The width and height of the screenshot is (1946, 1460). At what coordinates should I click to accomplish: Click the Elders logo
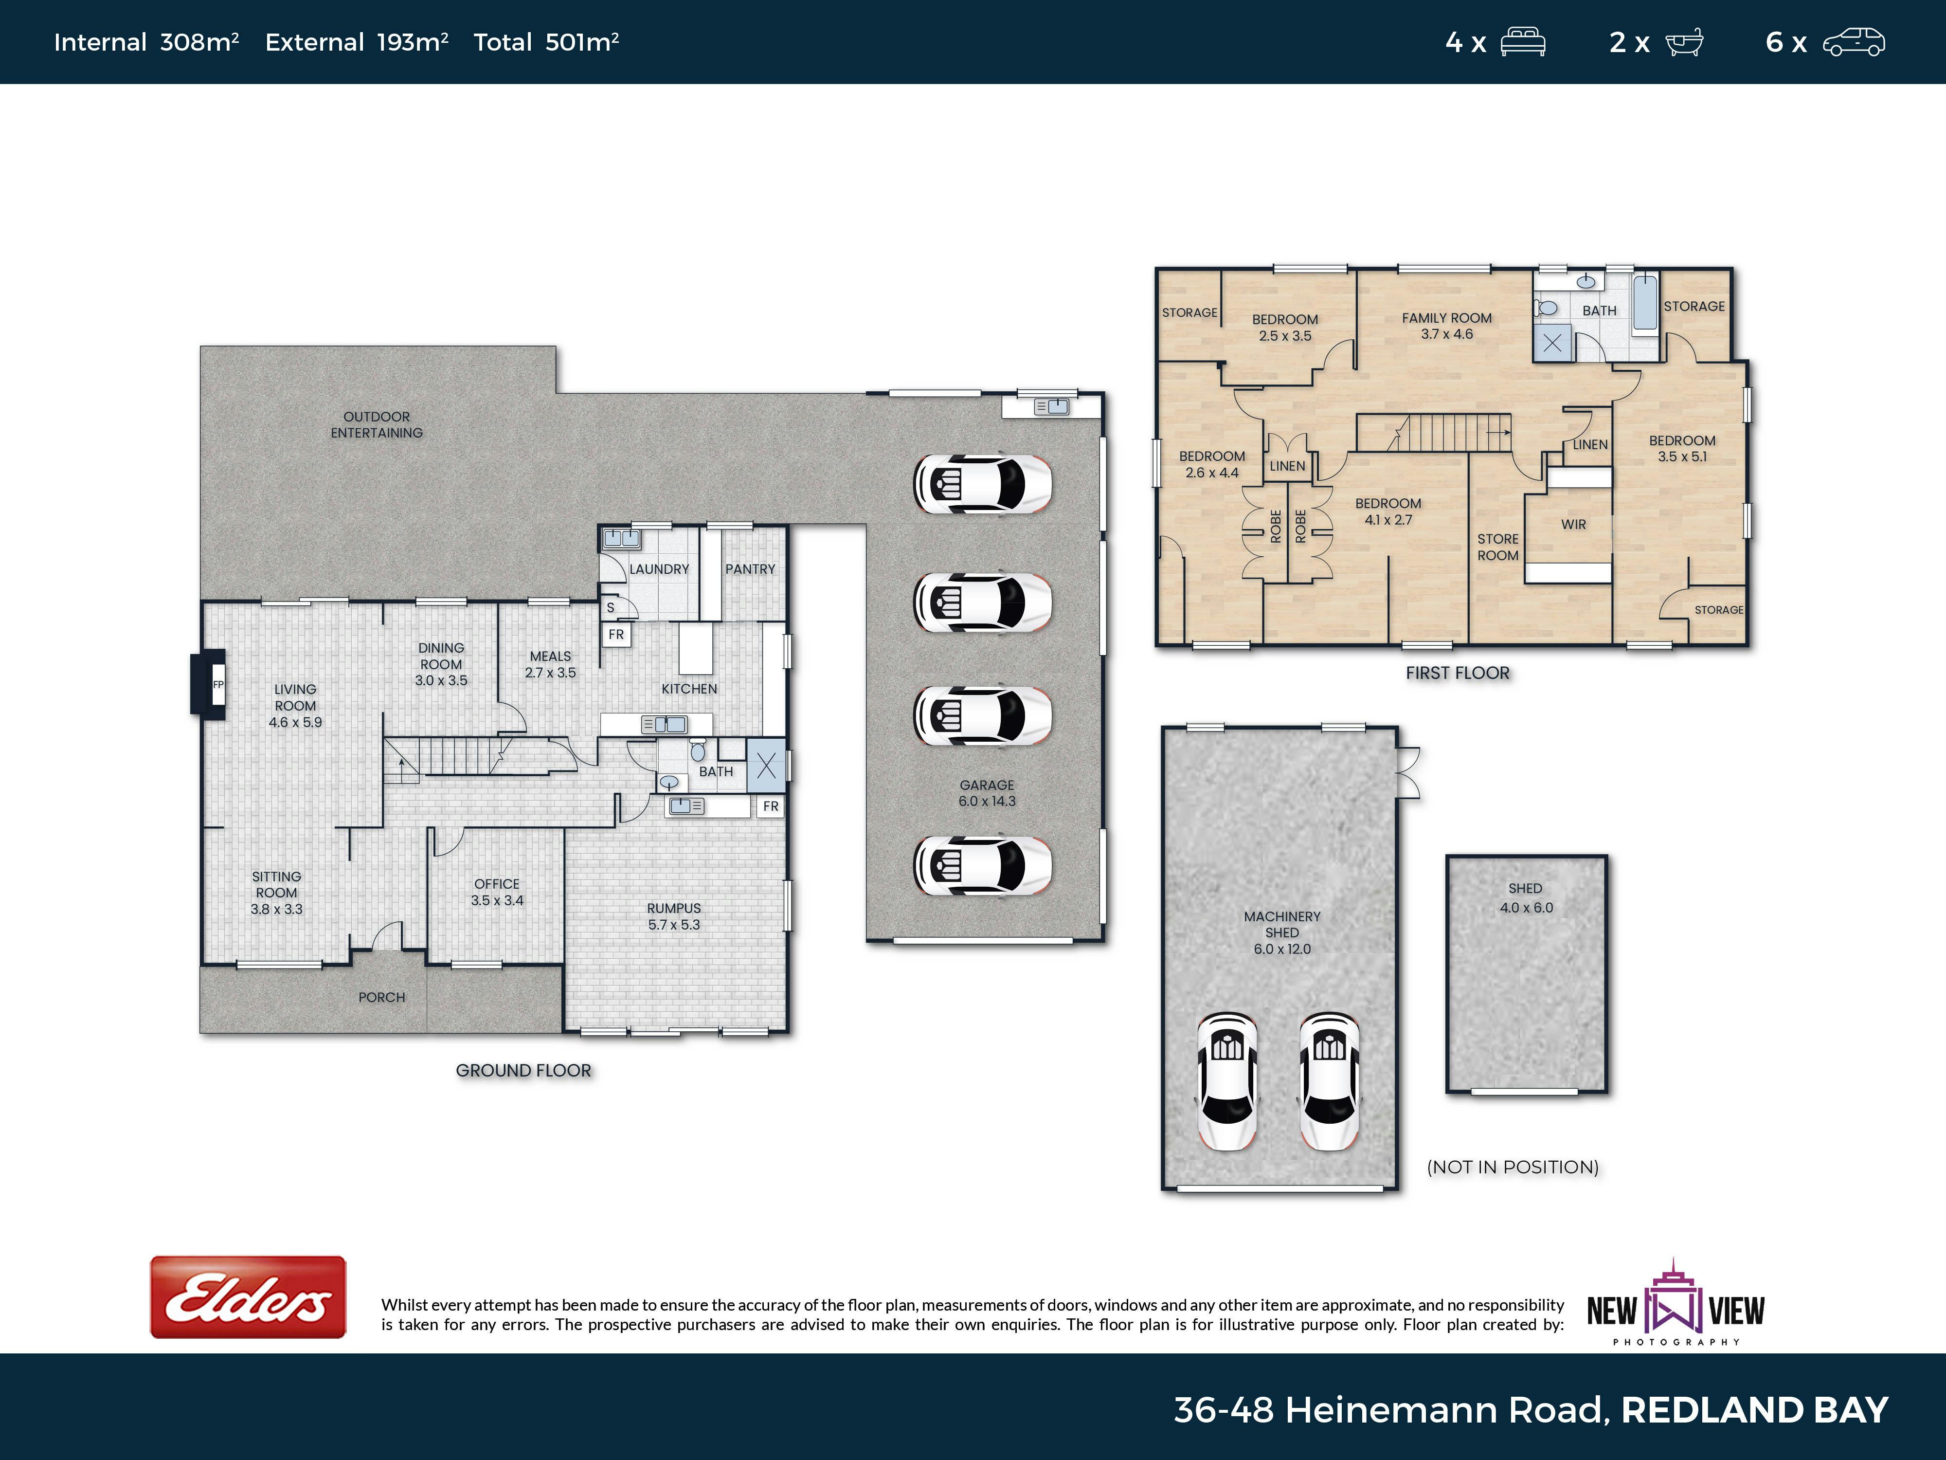pos(248,1297)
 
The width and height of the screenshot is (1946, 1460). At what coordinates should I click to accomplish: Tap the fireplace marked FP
pos(209,684)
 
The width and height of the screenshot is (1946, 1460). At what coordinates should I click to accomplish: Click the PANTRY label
pos(750,569)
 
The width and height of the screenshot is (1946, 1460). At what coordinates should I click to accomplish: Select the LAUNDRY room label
pos(659,569)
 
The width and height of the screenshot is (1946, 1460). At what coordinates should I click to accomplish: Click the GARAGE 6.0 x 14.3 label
pos(987,793)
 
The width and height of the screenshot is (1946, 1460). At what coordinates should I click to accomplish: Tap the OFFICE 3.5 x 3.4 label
pos(497,892)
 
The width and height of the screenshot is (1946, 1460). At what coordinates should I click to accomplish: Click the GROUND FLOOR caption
pos(523,1070)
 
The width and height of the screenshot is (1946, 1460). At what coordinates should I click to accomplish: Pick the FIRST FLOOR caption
pos(1458,673)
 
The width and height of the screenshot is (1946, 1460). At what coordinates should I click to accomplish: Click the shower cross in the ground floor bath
pos(766,766)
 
